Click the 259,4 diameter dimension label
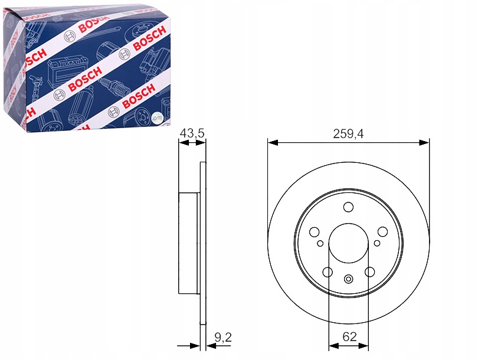click(348, 134)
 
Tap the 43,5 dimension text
click(192, 133)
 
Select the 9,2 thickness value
click(223, 337)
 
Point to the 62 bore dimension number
click(349, 336)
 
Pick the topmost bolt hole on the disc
click(348, 207)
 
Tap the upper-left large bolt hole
click(314, 232)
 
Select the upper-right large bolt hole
click(382, 232)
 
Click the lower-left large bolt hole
click(328, 272)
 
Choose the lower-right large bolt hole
click(369, 272)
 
